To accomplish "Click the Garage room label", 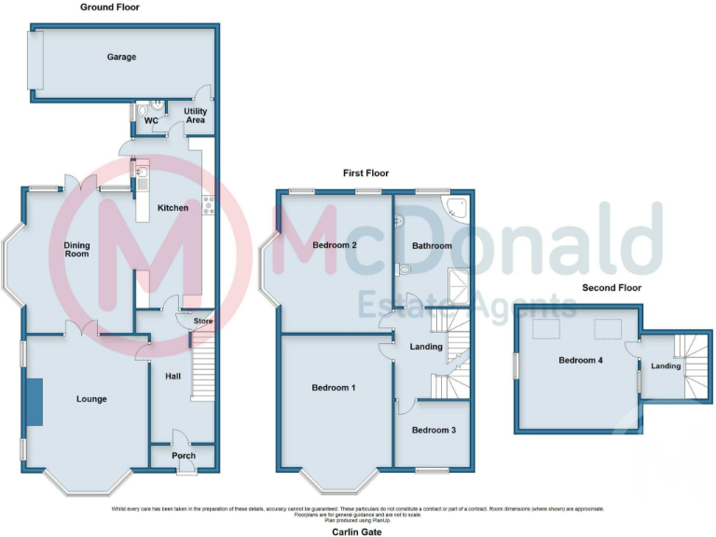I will pos(121,57).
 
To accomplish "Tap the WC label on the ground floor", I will pos(150,120).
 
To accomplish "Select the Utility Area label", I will pos(195,115).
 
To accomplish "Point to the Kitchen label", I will pos(172,208).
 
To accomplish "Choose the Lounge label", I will pos(91,399).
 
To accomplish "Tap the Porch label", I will pos(184,456).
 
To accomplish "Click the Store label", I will pos(203,323).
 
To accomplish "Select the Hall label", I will pos(173,376).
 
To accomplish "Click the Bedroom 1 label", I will pos(333,387).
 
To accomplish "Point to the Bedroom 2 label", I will pos(336,245).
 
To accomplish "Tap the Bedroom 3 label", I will pos(434,430).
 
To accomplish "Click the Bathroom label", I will pos(433,246).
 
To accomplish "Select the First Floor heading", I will pos(365,173).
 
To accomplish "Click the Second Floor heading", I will pos(612,288).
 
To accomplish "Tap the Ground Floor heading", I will pos(110,7).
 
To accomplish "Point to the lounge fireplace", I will pos(34,402).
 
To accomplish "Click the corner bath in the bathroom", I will pos(457,208).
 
